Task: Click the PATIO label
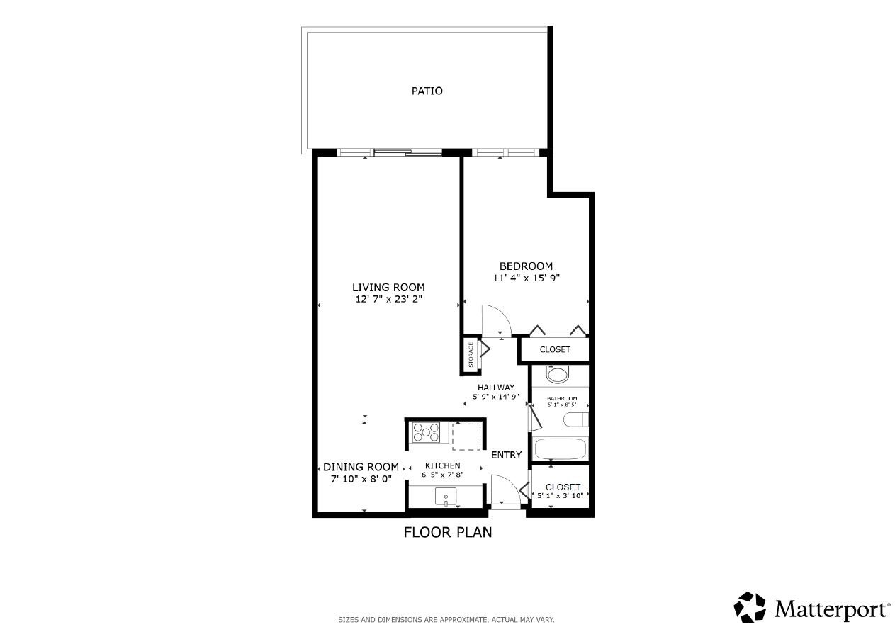(x=427, y=91)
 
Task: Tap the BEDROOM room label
(x=526, y=266)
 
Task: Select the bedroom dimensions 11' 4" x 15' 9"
(x=526, y=278)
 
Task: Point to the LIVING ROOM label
(x=388, y=287)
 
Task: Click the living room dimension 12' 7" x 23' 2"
(x=388, y=299)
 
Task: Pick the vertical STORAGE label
(x=470, y=355)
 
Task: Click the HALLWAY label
(x=495, y=388)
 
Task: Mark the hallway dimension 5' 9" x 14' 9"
(x=495, y=397)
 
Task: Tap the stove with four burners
(x=426, y=432)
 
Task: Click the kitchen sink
(x=446, y=498)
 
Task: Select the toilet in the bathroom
(x=558, y=374)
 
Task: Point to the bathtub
(x=560, y=448)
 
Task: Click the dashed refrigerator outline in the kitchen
(x=466, y=436)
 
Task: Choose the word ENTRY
(x=506, y=455)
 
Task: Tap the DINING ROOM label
(x=361, y=467)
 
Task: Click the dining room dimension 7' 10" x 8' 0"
(x=361, y=479)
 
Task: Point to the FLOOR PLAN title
(x=447, y=532)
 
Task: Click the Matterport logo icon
(x=749, y=608)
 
